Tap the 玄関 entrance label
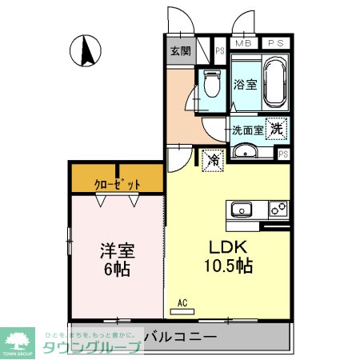pyautogui.click(x=180, y=51)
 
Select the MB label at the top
pyautogui.click(x=242, y=43)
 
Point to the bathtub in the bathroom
pyautogui.click(x=276, y=84)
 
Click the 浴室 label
pyautogui.click(x=245, y=84)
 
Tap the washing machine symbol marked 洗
pyautogui.click(x=276, y=126)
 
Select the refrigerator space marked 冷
pyautogui.click(x=212, y=159)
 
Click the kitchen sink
pyautogui.click(x=241, y=210)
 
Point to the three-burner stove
pyautogui.click(x=278, y=210)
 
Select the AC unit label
pyautogui.click(x=182, y=303)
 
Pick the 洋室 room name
pyautogui.click(x=117, y=250)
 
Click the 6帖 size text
pyautogui.click(x=117, y=269)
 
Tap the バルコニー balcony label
pyautogui.click(x=182, y=337)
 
